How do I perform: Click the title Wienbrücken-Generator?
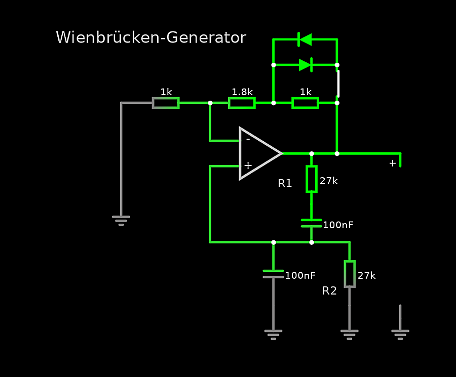[x=150, y=37]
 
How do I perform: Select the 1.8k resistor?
[x=242, y=103]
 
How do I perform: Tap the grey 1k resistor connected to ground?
[x=166, y=103]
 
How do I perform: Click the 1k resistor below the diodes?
[x=305, y=103]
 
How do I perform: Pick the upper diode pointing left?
[x=305, y=39]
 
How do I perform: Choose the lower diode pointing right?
[x=305, y=65]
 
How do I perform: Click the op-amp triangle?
[x=258, y=153]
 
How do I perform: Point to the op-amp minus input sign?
[x=248, y=139]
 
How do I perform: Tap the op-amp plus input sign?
[x=248, y=165]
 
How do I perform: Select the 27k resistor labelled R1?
[x=312, y=179]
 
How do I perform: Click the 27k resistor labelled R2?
[x=350, y=274]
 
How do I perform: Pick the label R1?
[x=285, y=184]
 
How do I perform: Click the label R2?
[x=329, y=291]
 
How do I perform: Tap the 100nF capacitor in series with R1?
[x=311, y=223]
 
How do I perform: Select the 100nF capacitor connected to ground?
[x=273, y=274]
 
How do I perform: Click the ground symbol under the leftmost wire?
[x=121, y=220]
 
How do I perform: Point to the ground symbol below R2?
[x=349, y=334]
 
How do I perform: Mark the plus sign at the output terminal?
[x=393, y=163]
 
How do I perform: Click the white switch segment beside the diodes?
[x=338, y=83]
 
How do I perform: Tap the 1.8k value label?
[x=242, y=92]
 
